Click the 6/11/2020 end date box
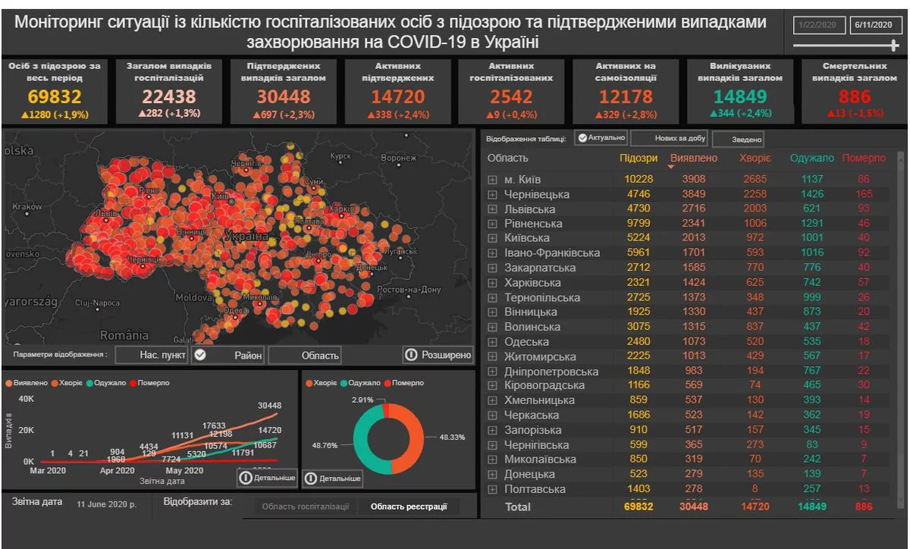[873, 26]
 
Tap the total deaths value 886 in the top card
[854, 97]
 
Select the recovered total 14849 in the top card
[740, 97]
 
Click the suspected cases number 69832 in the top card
[55, 97]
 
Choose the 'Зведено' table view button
[738, 140]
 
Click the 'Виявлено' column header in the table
[693, 158]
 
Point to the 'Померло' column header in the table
[863, 158]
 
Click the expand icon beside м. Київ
[492, 180]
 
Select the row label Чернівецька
[537, 194]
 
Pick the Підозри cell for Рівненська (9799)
[638, 224]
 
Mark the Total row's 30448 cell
[693, 507]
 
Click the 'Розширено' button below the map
[438, 355]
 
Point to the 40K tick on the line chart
[26, 400]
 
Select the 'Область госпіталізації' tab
[305, 507]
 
